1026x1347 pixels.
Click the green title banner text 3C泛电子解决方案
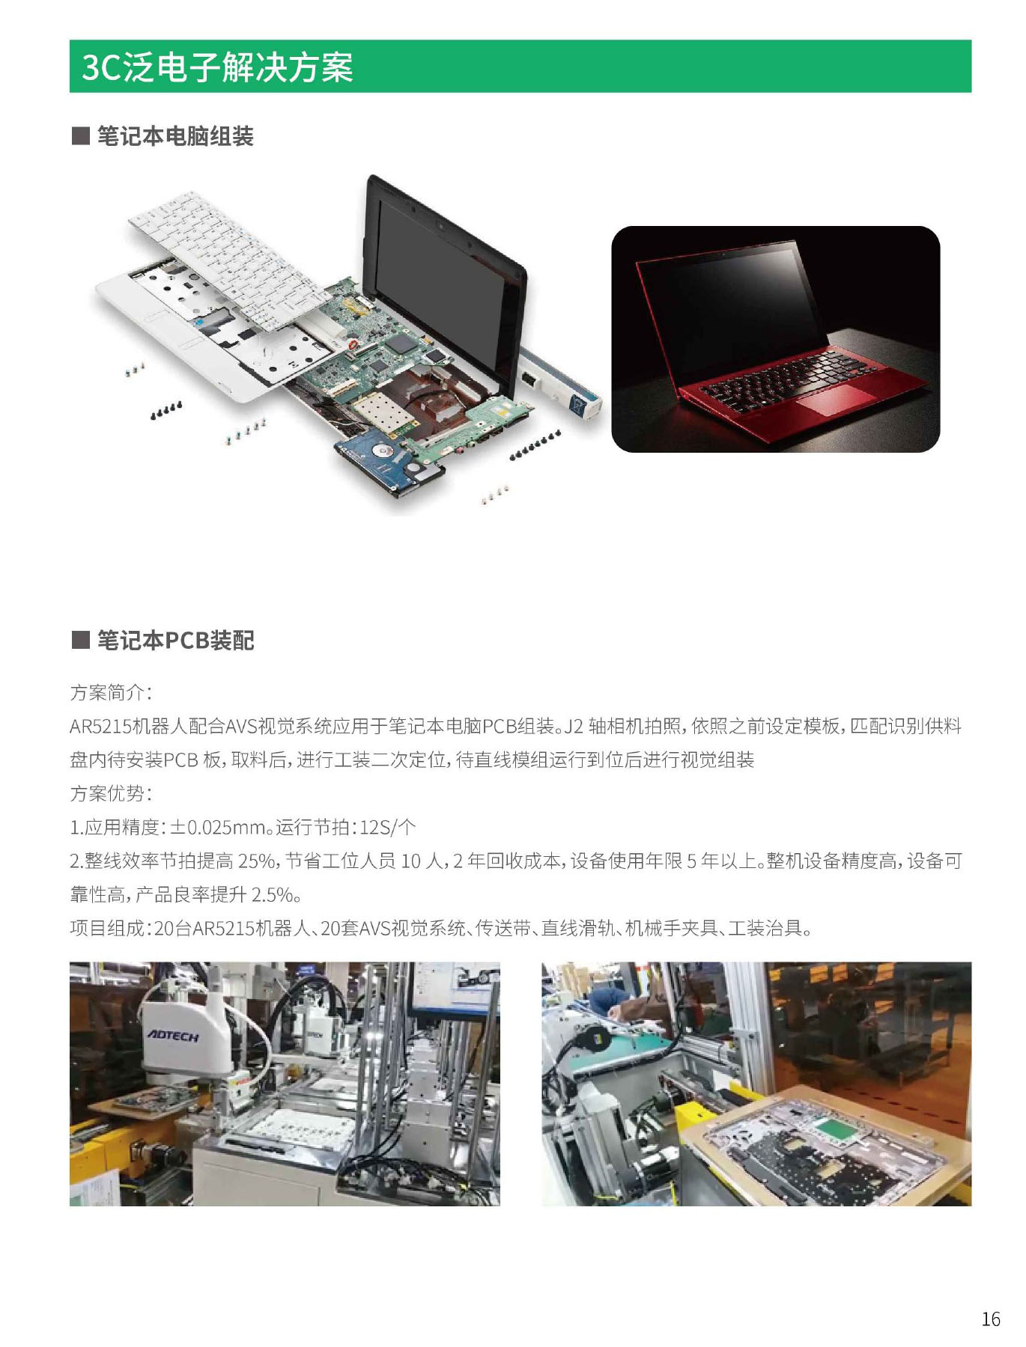pos(217,67)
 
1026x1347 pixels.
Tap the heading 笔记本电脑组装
pos(175,136)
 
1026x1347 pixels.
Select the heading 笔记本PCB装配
pos(176,641)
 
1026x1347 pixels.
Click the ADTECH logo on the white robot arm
pos(173,1036)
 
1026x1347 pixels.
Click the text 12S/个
pos(387,828)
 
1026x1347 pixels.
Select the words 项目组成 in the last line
pos(107,929)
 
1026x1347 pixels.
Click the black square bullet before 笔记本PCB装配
pos(80,641)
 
